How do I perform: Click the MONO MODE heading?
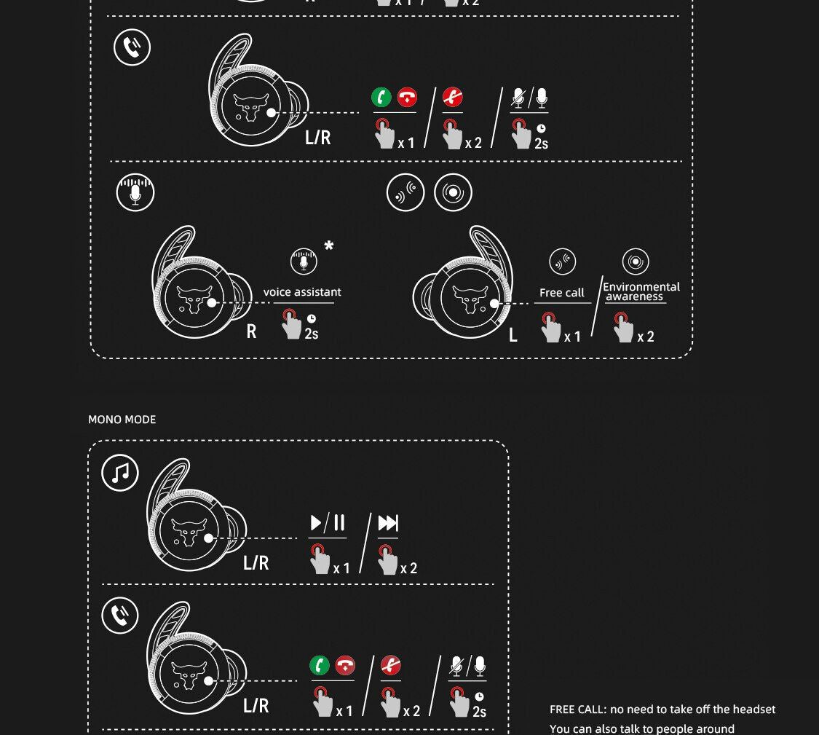(122, 420)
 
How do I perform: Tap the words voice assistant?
(302, 291)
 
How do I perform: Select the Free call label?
(561, 293)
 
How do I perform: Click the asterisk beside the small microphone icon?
(328, 245)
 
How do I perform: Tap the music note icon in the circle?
(120, 473)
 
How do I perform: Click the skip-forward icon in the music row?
(388, 523)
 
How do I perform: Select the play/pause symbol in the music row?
(328, 523)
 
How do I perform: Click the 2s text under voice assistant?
(312, 334)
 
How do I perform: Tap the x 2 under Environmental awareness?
(646, 337)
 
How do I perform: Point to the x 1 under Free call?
(572, 337)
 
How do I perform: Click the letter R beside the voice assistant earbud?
(251, 331)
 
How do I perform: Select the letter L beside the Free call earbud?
(513, 335)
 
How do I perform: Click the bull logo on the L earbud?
(470, 299)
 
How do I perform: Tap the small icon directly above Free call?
(563, 262)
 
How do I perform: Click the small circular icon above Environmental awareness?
(636, 262)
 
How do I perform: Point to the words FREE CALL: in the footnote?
(578, 710)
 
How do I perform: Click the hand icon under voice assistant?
(291, 324)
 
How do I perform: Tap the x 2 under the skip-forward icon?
(408, 568)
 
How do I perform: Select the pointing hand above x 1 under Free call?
(551, 327)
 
